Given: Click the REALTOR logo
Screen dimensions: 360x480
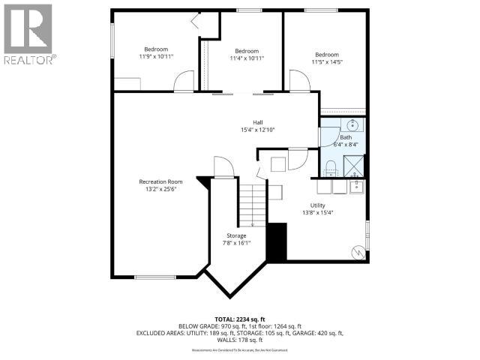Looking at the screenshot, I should [28, 33].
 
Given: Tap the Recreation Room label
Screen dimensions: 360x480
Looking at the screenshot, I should [160, 181].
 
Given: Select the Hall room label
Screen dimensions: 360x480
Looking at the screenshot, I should [257, 122].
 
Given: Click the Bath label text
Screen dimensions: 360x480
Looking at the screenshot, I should [345, 137].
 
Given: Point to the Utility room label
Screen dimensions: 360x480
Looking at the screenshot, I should [318, 205].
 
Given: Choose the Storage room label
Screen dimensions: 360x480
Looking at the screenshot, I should [236, 235].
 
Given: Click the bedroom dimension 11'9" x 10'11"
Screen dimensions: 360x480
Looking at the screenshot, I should [156, 56].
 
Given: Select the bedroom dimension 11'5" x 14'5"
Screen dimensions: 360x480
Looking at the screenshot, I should [327, 62].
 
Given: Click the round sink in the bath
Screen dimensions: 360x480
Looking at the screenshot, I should [352, 124].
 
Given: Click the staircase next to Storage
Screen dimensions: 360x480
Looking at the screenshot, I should [253, 205].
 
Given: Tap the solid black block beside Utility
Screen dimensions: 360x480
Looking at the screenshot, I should [277, 241].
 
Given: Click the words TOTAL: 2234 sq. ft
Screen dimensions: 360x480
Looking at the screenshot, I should [239, 318].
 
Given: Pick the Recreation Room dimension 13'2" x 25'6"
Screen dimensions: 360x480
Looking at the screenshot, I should [160, 189].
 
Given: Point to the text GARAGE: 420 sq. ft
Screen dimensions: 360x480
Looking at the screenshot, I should [316, 333].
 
